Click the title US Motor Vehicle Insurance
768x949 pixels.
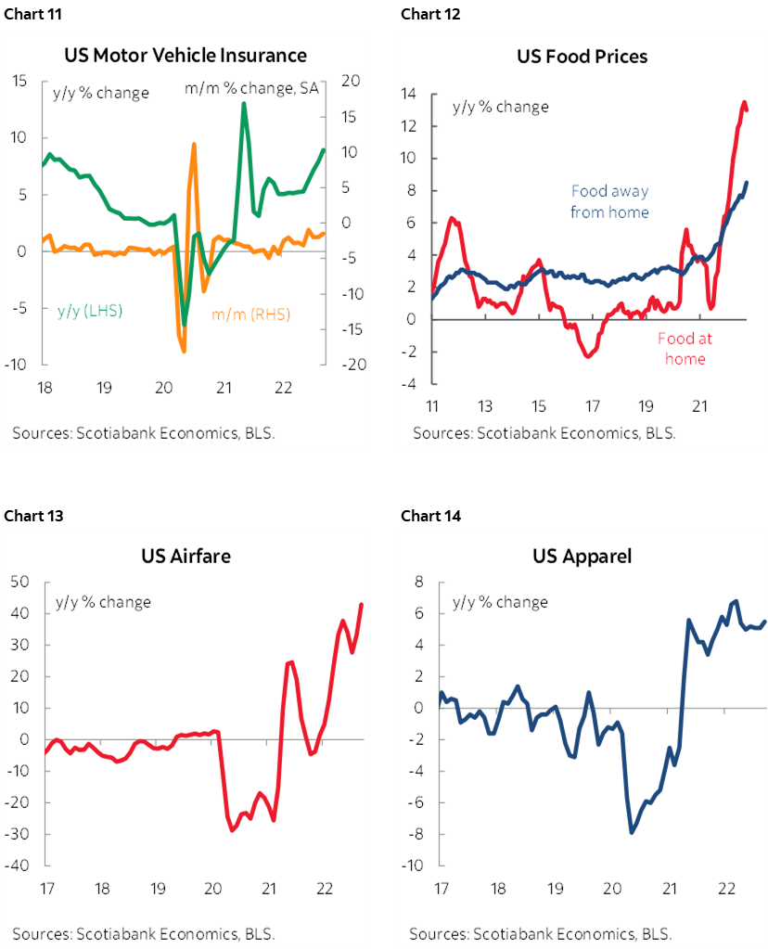point(186,56)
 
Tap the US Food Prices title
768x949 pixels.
point(582,57)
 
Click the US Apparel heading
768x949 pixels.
point(582,557)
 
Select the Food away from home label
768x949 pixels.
point(609,201)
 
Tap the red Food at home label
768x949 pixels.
point(684,349)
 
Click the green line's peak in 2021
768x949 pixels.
point(243,103)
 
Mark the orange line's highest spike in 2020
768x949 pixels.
point(194,144)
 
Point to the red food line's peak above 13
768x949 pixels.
point(744,103)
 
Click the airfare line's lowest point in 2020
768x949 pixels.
point(232,829)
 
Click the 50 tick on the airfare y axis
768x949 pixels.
point(20,583)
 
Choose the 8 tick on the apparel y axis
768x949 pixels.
point(418,583)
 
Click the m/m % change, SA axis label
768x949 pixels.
point(252,89)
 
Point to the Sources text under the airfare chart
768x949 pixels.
point(143,933)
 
